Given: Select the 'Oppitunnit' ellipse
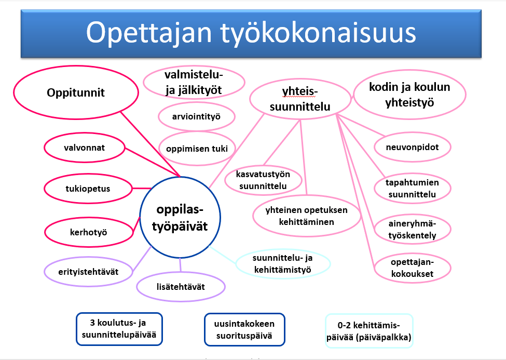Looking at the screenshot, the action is pos(76,92).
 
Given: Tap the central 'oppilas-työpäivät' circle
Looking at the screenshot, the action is pos(180,218).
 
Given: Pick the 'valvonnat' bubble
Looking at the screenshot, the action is pos(84,148).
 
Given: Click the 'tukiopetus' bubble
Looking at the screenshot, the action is pos(88,189).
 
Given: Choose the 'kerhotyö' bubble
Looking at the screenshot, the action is pos(88,232).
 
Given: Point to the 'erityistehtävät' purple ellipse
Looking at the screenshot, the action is pos(88,272).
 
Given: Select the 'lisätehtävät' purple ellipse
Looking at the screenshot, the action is pos(181,287).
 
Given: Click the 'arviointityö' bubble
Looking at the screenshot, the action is pos(196,116).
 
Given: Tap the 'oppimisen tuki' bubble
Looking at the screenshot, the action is pos(197,149).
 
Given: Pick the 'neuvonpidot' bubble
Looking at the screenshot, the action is pos(412,147).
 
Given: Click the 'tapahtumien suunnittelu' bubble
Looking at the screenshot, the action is pos(412,189).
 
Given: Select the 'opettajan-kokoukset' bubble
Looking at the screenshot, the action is pos(412,268).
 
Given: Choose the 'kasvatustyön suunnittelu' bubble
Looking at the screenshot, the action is pos(263,180).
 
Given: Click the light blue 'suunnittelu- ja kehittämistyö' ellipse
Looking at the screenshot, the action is pos(283,264).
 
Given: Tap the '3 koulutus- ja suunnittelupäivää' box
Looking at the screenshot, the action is pos(119,329).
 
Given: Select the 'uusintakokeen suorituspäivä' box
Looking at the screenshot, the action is pos(244,330).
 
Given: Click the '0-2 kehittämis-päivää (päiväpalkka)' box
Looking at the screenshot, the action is pos(369,331).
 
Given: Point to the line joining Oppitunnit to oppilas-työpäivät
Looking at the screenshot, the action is pos(151,144).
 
